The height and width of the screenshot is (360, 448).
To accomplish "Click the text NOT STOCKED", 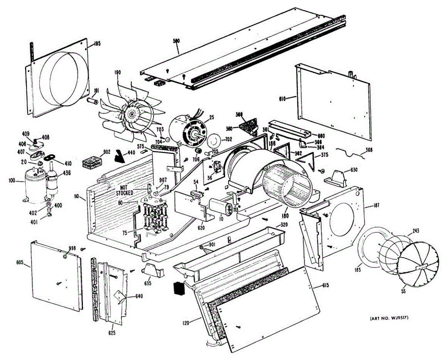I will coord(124,190).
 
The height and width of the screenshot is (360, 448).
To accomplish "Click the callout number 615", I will coord(325,286).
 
